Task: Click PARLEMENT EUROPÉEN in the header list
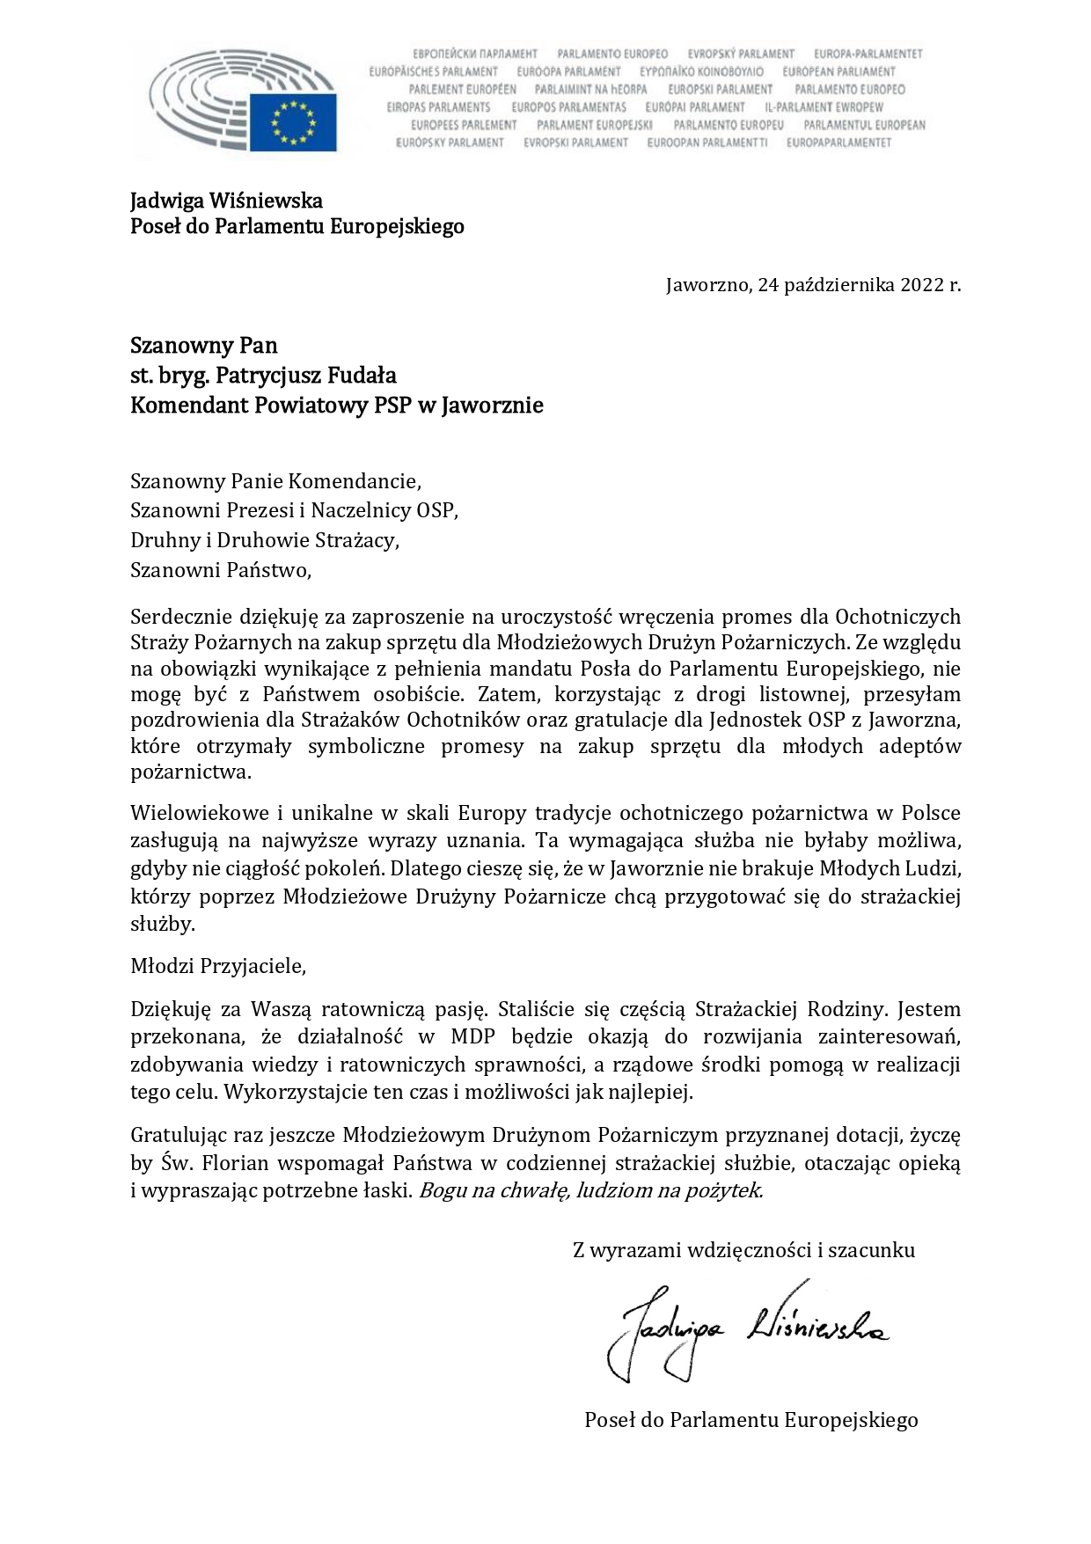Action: click(462, 89)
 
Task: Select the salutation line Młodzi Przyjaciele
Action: click(218, 965)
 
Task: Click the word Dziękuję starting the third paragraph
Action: click(165, 1008)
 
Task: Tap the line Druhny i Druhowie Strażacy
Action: click(265, 540)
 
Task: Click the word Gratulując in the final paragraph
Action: click(173, 1135)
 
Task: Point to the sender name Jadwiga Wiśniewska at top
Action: click(226, 201)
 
